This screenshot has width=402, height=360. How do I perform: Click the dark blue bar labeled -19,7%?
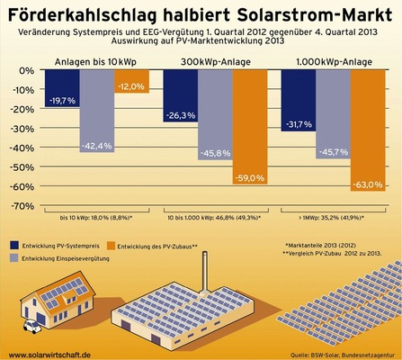coord(64,94)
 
